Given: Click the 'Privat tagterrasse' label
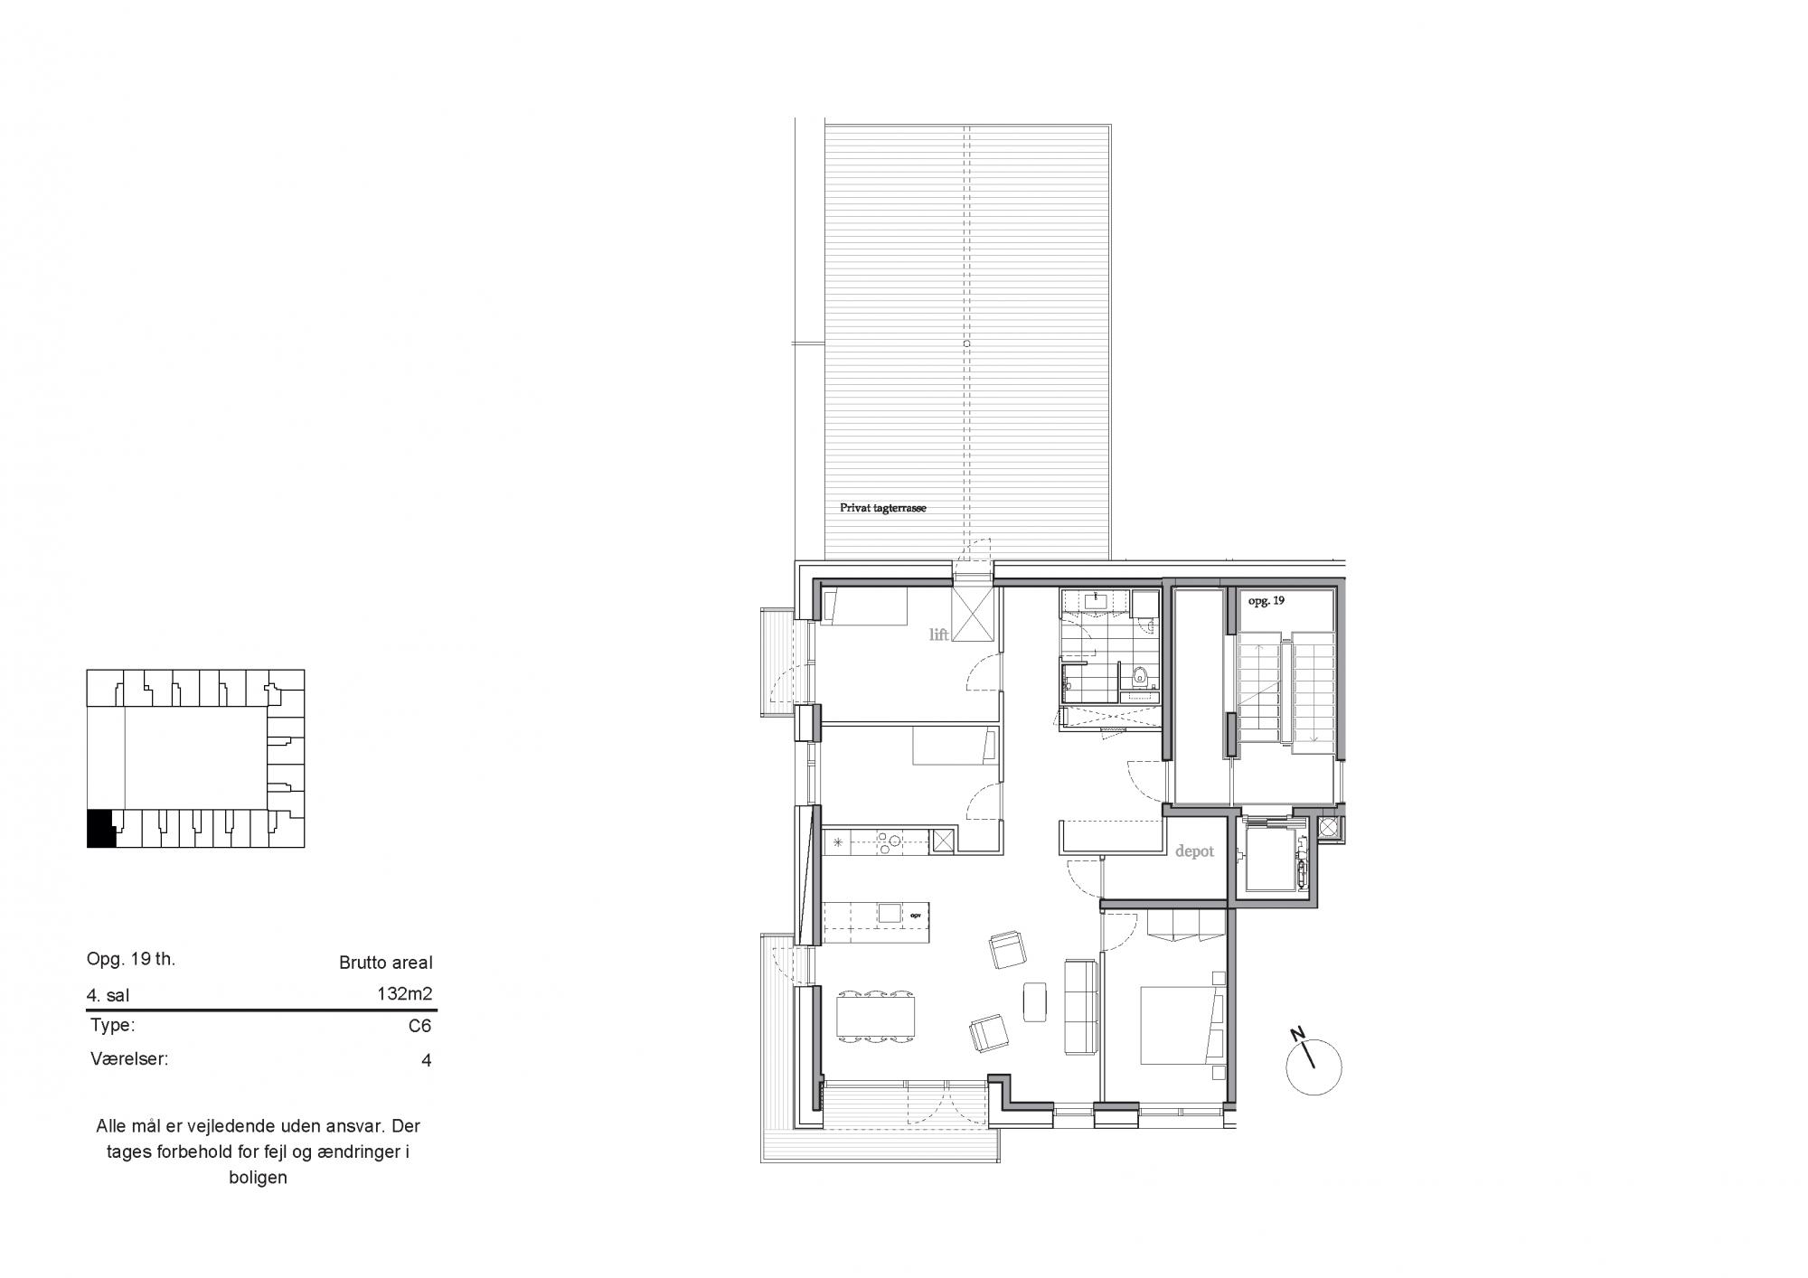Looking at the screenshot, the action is [x=883, y=509].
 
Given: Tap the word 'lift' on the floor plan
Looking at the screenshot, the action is [x=939, y=634].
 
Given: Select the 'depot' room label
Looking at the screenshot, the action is [x=1194, y=851].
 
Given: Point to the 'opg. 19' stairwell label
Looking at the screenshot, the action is [x=1266, y=601].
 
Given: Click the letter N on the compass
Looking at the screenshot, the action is [x=1298, y=1034].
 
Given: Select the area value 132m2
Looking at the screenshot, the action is [x=404, y=994].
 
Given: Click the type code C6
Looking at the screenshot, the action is [x=419, y=1026].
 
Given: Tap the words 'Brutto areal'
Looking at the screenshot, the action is [x=386, y=963].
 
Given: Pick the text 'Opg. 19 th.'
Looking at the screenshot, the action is [x=131, y=959].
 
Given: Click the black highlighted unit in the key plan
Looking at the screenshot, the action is [x=99, y=829].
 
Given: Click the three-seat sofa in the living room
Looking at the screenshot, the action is [x=1080, y=1006].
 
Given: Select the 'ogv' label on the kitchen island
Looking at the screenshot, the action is [x=915, y=913].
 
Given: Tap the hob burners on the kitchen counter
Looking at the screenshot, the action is [x=256, y=841].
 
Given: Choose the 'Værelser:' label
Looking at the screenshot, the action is [x=129, y=1058].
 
